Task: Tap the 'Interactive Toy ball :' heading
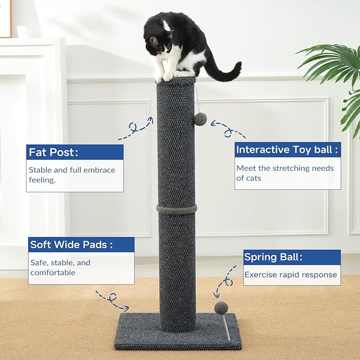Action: click(x=287, y=150)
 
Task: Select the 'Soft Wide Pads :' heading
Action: click(x=72, y=244)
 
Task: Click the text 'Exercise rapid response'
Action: click(x=291, y=275)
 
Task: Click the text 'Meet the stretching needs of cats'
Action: click(x=285, y=173)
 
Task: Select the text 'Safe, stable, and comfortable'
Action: click(x=60, y=267)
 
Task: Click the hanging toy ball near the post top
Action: click(x=200, y=119)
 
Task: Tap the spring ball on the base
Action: click(x=221, y=307)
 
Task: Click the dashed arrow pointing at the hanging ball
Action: click(x=228, y=129)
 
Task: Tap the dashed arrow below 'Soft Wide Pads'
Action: click(x=112, y=300)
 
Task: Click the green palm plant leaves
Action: click(x=333, y=69)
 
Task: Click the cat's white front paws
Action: click(x=165, y=76)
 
